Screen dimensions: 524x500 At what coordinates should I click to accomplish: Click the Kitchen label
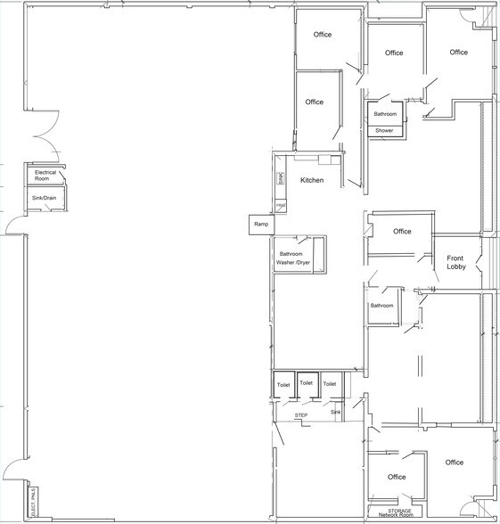(312, 180)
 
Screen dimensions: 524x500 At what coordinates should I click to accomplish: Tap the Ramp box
(261, 224)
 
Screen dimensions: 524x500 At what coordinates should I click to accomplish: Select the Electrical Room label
(45, 175)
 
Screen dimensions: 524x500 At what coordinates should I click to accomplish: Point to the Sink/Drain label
(45, 198)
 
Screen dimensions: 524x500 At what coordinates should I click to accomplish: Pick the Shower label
(384, 130)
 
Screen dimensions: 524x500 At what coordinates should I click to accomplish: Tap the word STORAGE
(398, 511)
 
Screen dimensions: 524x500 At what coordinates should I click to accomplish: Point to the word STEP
(300, 415)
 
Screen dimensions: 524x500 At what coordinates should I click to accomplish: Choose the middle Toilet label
(307, 382)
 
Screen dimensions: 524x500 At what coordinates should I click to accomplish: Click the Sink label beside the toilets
(335, 413)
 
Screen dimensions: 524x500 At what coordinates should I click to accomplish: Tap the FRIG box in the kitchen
(280, 206)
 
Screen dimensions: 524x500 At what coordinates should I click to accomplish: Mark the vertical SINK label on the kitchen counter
(280, 178)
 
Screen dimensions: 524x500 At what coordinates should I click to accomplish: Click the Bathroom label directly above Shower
(385, 114)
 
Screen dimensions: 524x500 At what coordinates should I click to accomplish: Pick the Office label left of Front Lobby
(402, 231)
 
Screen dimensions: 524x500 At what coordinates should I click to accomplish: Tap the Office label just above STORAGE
(397, 477)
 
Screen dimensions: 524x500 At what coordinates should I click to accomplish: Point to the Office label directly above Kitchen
(314, 102)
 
